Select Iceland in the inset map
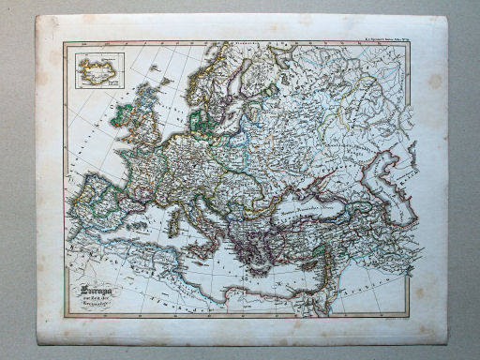click(93, 67)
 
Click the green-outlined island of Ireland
click(122, 116)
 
